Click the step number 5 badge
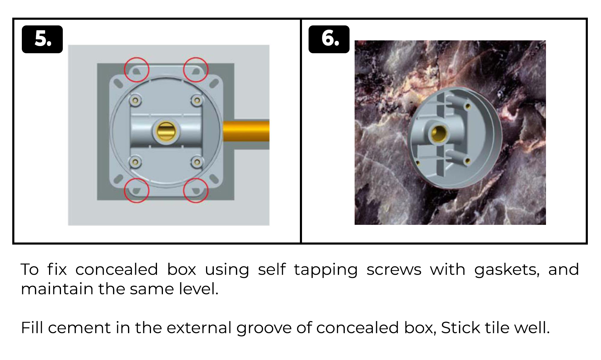pos(42,39)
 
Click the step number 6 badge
pos(329,39)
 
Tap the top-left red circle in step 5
pos(137,70)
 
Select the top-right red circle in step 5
pos(196,70)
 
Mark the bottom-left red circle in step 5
pos(137,190)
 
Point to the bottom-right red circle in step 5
pos(196,190)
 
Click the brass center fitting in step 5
pos(166,131)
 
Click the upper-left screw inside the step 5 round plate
pos(135,100)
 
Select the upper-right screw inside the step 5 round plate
pos(197,100)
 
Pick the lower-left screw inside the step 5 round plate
pos(135,162)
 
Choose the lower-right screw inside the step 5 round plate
pos(197,162)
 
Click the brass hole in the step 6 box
pos(439,133)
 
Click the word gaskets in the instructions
pos(507,270)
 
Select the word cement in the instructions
pos(79,328)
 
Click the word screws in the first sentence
pos(394,270)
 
